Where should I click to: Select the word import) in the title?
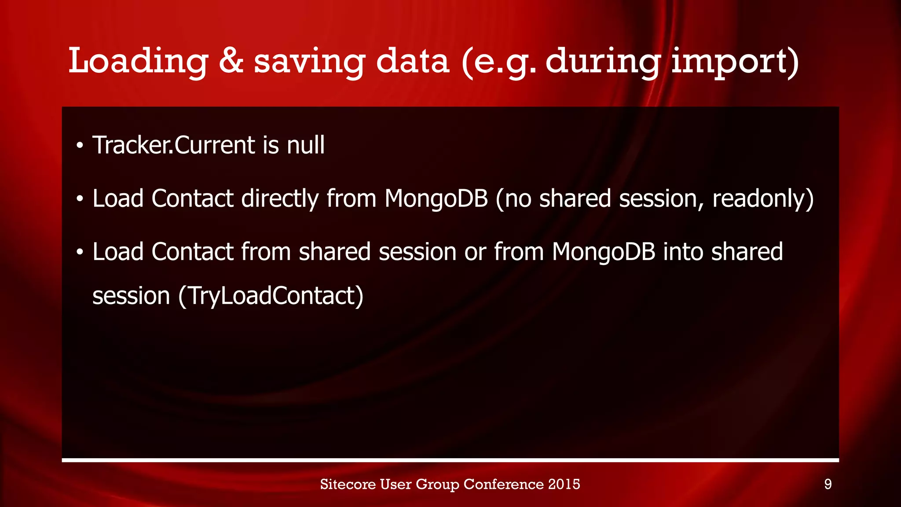click(x=735, y=62)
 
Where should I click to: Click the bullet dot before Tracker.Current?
click(x=79, y=146)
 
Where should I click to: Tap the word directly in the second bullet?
click(x=280, y=198)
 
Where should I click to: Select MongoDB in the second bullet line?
click(x=436, y=198)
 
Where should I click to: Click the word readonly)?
click(x=763, y=198)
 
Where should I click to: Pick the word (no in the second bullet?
click(x=513, y=198)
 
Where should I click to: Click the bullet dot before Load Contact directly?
click(x=79, y=199)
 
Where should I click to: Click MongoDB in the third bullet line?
click(x=603, y=252)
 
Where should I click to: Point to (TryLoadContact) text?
click(x=271, y=296)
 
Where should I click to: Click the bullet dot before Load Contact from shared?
click(x=79, y=253)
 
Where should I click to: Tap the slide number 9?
click(x=828, y=485)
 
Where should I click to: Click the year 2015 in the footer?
click(x=564, y=484)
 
